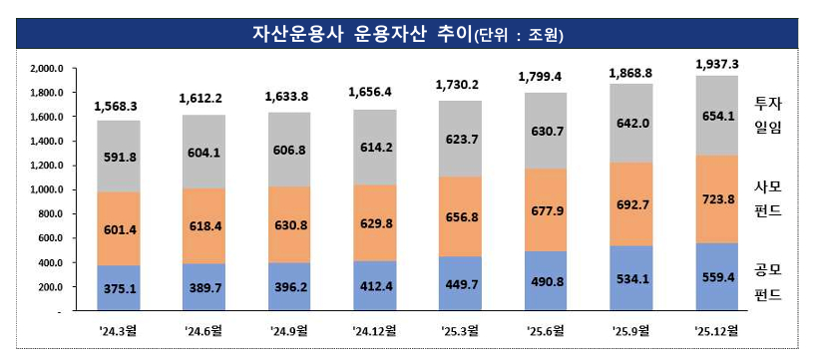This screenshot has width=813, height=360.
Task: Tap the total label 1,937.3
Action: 717,63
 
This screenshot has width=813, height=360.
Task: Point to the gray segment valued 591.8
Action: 119,156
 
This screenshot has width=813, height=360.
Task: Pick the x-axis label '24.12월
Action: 376,329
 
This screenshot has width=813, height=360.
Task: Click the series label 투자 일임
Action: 768,116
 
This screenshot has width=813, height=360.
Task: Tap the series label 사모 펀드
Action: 768,197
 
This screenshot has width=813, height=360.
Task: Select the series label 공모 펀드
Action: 768,281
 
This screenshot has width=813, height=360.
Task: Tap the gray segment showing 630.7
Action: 547,132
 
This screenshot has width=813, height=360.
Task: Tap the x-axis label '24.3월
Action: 119,329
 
